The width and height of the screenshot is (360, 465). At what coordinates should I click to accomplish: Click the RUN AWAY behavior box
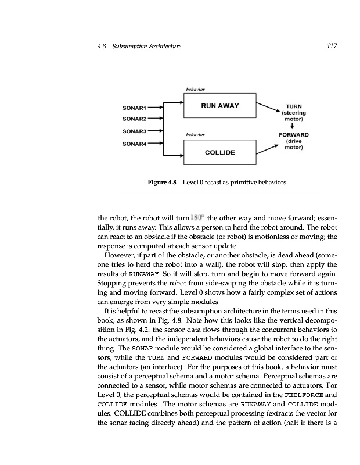219,106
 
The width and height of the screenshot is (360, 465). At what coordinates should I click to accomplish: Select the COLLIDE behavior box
219,152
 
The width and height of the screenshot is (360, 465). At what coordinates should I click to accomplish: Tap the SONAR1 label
134,108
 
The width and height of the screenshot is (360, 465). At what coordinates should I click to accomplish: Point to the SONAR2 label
134,118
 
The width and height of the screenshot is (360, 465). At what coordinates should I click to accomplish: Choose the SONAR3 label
134,131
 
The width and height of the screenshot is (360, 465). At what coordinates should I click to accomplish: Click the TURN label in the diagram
294,107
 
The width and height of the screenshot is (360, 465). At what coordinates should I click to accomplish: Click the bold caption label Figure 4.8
162,184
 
